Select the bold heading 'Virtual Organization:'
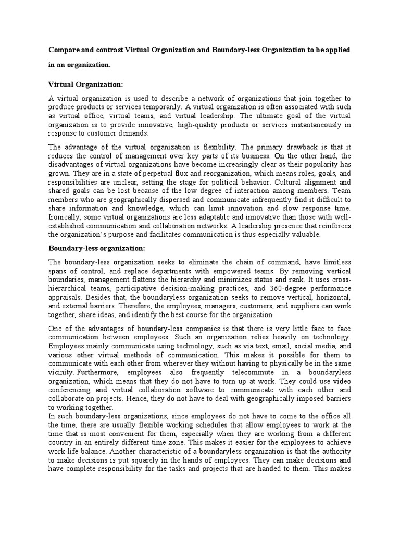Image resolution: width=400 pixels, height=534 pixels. point(85,83)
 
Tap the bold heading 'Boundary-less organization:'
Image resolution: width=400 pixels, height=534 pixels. point(97,248)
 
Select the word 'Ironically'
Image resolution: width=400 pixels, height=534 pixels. point(65,216)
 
